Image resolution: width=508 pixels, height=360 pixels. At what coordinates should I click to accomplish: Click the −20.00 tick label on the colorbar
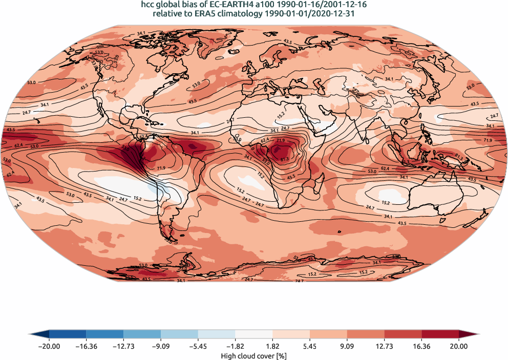49,346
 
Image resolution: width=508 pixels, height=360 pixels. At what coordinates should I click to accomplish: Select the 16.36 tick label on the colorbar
421,346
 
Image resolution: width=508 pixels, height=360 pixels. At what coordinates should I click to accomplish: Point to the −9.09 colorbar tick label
161,346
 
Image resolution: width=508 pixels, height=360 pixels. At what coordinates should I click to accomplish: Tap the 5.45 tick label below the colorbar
310,346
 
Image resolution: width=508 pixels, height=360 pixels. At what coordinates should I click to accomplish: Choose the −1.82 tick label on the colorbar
236,346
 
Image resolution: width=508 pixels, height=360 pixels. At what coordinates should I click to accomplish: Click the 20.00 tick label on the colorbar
458,346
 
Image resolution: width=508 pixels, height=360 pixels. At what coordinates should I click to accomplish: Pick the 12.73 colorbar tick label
384,346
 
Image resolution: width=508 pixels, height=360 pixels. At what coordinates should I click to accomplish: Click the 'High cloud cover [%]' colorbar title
253,355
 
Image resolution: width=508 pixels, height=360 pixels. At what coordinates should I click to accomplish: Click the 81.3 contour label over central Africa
285,159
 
